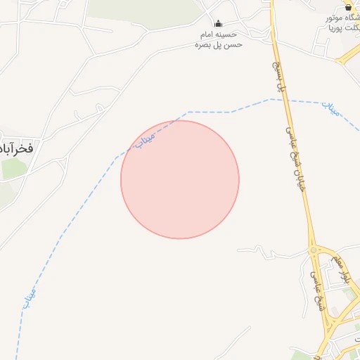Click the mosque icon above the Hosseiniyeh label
(x=218, y=23)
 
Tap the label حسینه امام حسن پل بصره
(x=219, y=39)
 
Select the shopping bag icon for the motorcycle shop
(x=347, y=7)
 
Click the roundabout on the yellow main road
(x=314, y=250)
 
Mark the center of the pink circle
(x=180, y=179)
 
